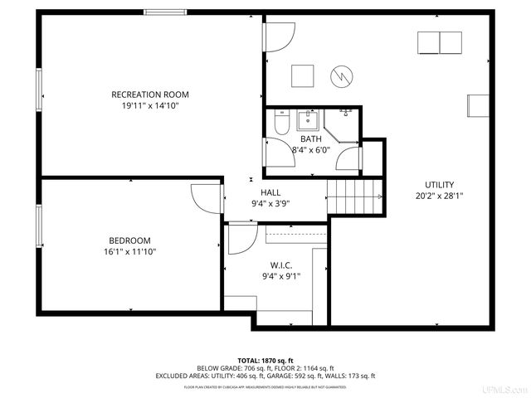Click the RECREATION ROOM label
tap(145, 95)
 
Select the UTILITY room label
tap(439, 185)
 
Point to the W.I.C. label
tap(281, 265)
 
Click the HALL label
tap(270, 192)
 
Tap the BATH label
tap(311, 138)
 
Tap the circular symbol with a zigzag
tap(341, 76)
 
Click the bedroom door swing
tap(206, 197)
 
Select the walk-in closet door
tap(241, 239)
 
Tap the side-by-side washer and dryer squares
tap(439, 42)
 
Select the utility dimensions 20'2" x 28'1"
tap(439, 197)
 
